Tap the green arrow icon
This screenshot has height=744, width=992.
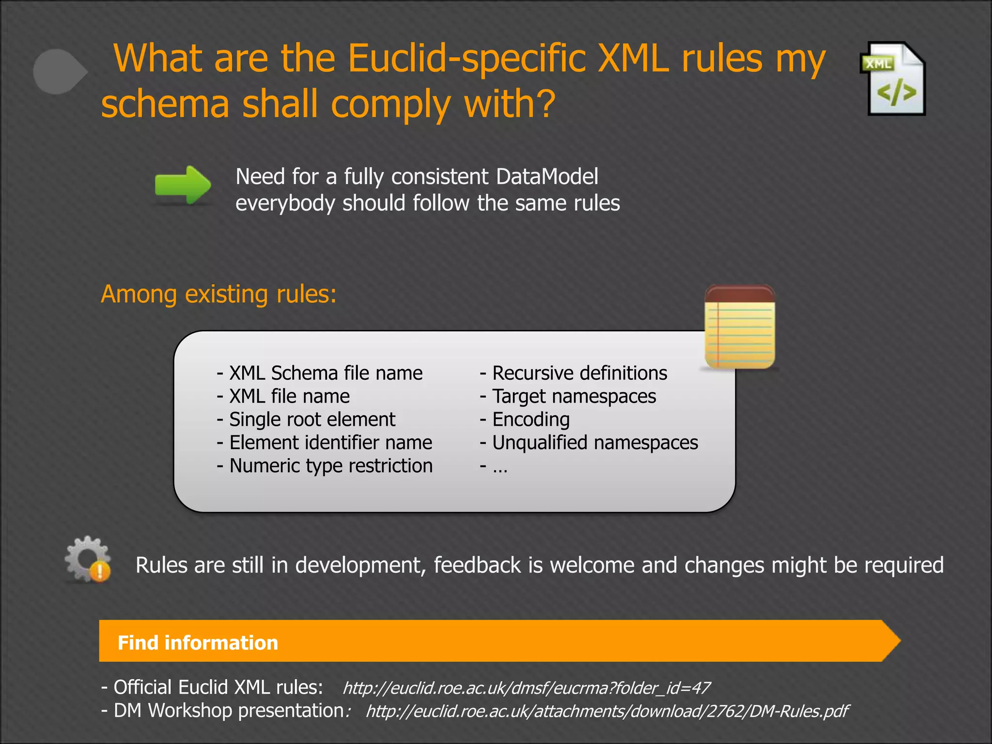pyautogui.click(x=183, y=185)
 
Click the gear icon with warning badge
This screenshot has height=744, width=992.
pyautogui.click(x=88, y=559)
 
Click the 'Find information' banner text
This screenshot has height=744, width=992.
pyautogui.click(x=198, y=643)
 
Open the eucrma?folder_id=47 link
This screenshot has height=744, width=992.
pyautogui.click(x=526, y=688)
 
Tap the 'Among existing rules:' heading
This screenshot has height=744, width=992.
pyautogui.click(x=218, y=294)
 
